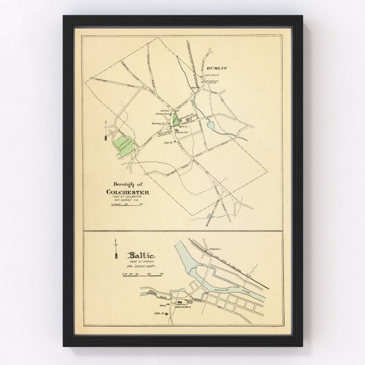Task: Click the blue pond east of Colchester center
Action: tap(211, 123)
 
